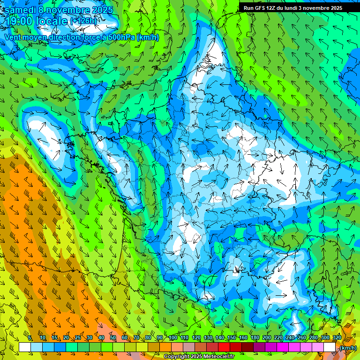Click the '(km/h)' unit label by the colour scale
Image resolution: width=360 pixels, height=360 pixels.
pyautogui.click(x=348, y=348)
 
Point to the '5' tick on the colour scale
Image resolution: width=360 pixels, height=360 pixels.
pyautogui.click(x=30, y=338)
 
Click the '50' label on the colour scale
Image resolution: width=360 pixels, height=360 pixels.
pyautogui.click(x=113, y=338)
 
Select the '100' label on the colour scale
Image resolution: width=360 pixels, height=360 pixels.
pyautogui.click(x=172, y=338)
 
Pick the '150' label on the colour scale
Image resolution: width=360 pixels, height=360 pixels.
pyautogui.click(x=232, y=338)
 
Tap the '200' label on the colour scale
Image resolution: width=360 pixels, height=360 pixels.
pyautogui.click(x=267, y=338)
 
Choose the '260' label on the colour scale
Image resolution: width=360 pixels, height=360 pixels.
pyautogui.click(x=302, y=338)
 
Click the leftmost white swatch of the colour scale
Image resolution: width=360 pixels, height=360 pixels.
pyautogui.click(x=25, y=347)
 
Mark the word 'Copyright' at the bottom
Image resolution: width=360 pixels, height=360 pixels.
pyautogui.click(x=176, y=357)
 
